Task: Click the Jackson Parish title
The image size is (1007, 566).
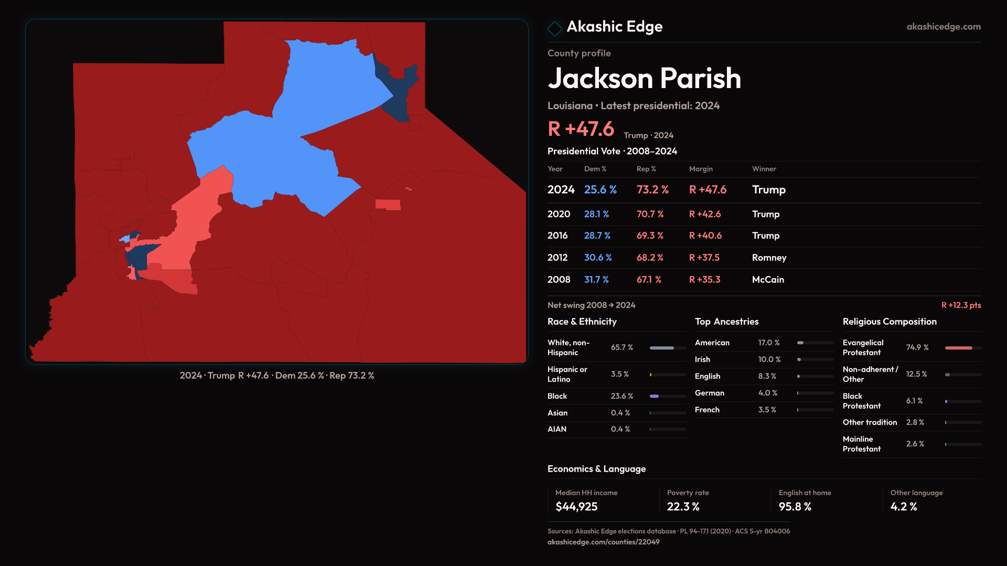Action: pos(644,79)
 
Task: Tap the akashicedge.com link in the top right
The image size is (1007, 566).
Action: pos(943,27)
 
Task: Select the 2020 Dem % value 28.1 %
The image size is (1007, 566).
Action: pos(596,214)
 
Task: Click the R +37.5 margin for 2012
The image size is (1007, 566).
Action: pos(704,258)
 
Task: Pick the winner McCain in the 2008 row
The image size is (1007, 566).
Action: pos(768,280)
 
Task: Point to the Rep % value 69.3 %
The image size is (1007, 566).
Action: pos(650,236)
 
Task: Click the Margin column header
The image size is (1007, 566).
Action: pos(701,169)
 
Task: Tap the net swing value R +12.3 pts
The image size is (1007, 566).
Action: pos(961,305)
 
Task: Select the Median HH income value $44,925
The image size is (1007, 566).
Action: pos(576,507)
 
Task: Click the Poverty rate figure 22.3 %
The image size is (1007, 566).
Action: pos(683,507)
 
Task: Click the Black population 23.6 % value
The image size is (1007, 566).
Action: pos(622,396)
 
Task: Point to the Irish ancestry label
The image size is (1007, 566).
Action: pos(702,360)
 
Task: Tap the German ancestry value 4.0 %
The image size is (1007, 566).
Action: pos(767,393)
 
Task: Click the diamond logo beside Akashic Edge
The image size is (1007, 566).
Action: pos(554,28)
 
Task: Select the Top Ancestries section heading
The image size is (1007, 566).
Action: pos(726,322)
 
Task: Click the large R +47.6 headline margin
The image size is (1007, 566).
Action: pos(581,129)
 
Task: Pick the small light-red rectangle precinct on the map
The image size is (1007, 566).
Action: pos(388,204)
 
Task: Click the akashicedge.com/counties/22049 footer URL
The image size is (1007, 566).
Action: pos(603,542)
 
